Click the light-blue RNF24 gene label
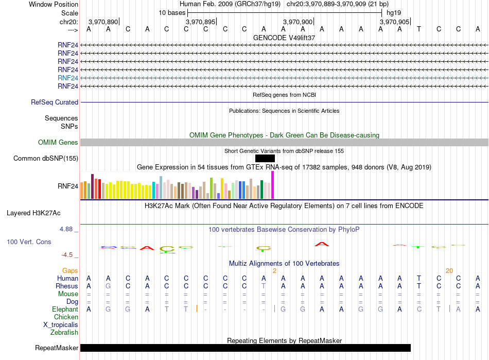67,78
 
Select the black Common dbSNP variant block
265,159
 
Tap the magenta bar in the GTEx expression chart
273,185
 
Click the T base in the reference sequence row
419,29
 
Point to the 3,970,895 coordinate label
200,22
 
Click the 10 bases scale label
172,13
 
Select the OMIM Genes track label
58,143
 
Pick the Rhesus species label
67,286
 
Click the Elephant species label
65,309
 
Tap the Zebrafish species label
64,333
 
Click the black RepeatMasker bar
246,348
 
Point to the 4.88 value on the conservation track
66,229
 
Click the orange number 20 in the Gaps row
449,271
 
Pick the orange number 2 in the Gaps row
274,271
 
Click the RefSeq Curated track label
55,102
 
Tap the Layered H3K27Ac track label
33,213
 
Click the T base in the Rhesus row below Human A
264,286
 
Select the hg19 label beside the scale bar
394,13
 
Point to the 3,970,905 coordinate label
394,22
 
